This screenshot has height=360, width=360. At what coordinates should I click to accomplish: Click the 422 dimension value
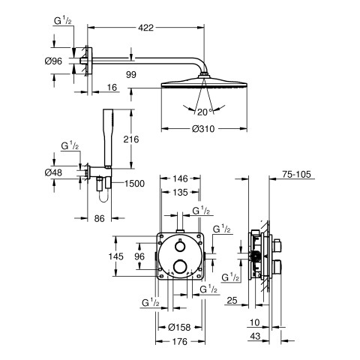(x=145, y=28)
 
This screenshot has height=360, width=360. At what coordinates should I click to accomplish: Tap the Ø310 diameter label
(x=203, y=129)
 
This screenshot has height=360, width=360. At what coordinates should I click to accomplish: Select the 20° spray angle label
(x=205, y=112)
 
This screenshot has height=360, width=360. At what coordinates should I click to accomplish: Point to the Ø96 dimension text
(x=53, y=61)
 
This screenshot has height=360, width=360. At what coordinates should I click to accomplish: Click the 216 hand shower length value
(x=131, y=139)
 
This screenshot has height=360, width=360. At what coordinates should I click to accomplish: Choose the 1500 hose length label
(x=134, y=184)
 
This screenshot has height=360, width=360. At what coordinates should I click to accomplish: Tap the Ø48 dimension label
(x=53, y=172)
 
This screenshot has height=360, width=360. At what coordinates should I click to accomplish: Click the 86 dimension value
(x=99, y=218)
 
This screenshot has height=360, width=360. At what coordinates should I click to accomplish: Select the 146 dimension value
(x=180, y=178)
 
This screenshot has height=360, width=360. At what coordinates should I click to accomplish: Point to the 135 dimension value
(x=180, y=192)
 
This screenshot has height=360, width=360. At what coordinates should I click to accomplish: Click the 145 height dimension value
(x=115, y=256)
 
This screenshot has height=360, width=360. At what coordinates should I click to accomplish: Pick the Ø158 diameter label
(x=179, y=327)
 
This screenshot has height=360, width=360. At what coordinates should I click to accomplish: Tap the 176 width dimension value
(x=180, y=341)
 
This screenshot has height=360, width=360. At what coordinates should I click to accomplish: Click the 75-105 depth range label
(x=296, y=174)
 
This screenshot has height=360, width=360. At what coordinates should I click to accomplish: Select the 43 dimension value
(x=255, y=336)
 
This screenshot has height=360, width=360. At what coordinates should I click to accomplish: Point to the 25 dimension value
(x=232, y=300)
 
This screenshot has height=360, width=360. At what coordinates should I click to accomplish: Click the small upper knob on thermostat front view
(x=179, y=246)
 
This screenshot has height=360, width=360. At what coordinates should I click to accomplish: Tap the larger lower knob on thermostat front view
(x=179, y=266)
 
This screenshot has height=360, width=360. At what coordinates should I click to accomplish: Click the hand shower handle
(x=108, y=138)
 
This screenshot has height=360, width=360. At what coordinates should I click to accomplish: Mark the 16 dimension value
(x=112, y=87)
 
